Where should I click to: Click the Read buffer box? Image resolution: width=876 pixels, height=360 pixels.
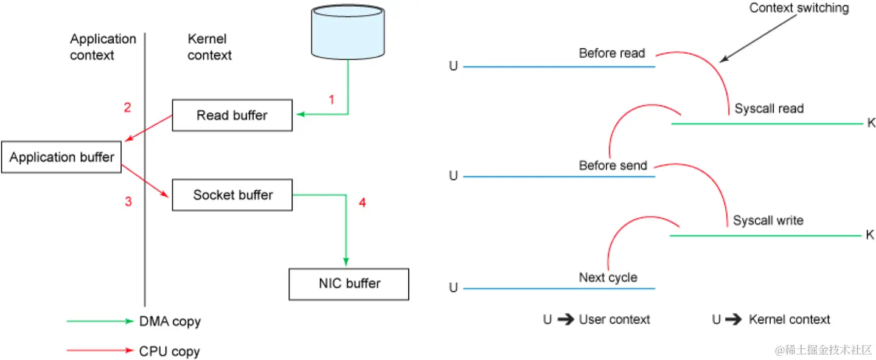click(232, 115)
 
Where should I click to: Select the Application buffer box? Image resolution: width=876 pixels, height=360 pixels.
click(61, 157)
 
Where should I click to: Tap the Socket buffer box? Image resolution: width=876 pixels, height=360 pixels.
click(232, 195)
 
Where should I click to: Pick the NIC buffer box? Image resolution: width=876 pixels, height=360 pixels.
click(349, 283)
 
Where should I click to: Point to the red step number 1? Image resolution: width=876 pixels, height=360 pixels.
click(332, 100)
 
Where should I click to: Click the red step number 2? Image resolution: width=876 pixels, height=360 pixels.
click(128, 108)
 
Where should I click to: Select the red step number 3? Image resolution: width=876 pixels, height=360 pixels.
click(128, 201)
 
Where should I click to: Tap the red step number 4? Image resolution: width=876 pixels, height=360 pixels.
click(362, 202)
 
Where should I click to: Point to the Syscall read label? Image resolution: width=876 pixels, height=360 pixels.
click(769, 109)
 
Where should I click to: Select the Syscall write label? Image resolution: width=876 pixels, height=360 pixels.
click(768, 221)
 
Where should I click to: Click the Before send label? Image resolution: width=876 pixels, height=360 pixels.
click(613, 165)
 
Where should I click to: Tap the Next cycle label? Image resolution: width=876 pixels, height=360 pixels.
click(608, 278)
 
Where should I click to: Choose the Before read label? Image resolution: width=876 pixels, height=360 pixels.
click(611, 54)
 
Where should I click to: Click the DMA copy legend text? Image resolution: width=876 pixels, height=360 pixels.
click(170, 322)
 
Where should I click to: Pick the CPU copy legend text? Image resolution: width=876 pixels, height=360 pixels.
click(169, 351)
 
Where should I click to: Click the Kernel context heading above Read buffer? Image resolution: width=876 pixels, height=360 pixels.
click(209, 47)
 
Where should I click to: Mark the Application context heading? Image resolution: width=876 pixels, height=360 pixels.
click(103, 47)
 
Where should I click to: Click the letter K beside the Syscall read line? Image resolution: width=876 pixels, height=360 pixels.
click(871, 123)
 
